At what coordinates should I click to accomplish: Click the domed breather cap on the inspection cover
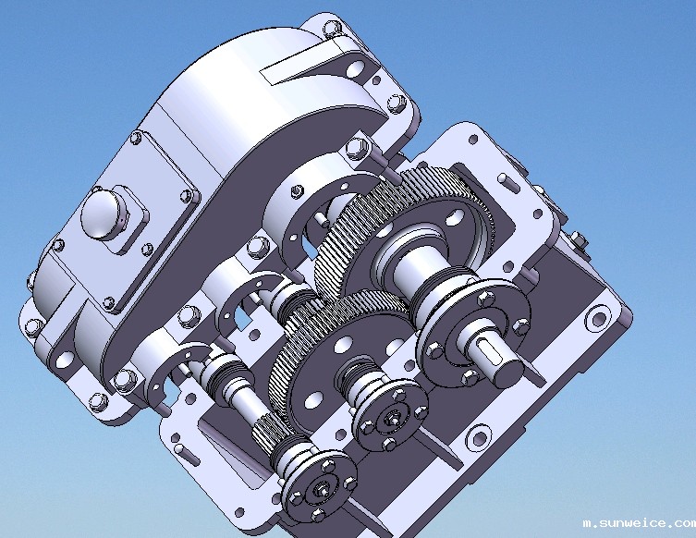point(101,215)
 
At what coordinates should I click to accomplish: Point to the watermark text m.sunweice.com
point(640,523)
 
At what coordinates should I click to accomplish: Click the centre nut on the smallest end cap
point(320,488)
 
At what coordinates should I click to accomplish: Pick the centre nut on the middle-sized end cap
point(393,418)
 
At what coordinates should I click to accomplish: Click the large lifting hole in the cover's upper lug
point(354,68)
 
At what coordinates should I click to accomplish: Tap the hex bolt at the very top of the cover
point(332,30)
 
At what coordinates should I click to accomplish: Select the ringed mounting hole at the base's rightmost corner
point(598,318)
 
